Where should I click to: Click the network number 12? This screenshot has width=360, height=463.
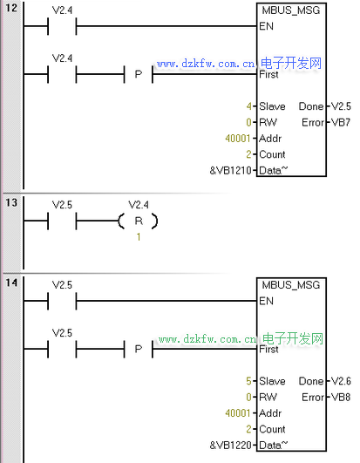coord(11,8)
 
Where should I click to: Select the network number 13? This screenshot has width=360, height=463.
coord(11,203)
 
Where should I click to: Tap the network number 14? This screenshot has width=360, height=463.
coord(11,283)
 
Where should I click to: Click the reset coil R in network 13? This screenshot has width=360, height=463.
coord(138,221)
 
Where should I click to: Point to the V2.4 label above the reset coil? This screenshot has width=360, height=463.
coord(139,205)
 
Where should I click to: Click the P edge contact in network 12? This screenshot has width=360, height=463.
coord(139,74)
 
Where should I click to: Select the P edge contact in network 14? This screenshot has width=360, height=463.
coord(139,349)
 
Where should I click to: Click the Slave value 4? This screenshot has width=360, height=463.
coord(249,106)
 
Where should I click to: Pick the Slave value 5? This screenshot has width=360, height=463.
coord(249,381)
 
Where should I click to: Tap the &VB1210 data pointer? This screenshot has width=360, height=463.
coord(230,170)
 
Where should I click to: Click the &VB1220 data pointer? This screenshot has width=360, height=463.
coord(230,445)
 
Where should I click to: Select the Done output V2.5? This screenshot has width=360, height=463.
coord(341,106)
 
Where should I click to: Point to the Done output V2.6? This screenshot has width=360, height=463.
coord(341,381)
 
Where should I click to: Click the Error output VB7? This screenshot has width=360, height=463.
coord(341,122)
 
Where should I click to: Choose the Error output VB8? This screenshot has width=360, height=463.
coord(341,397)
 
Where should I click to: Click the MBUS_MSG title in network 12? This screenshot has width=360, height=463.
coord(291,10)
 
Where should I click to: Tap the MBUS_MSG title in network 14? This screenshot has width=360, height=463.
coord(291,285)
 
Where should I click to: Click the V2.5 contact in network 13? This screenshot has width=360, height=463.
coord(62,221)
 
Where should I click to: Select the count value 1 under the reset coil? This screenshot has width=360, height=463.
coord(139,237)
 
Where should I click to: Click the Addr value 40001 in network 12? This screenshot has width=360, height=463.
coord(238,138)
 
